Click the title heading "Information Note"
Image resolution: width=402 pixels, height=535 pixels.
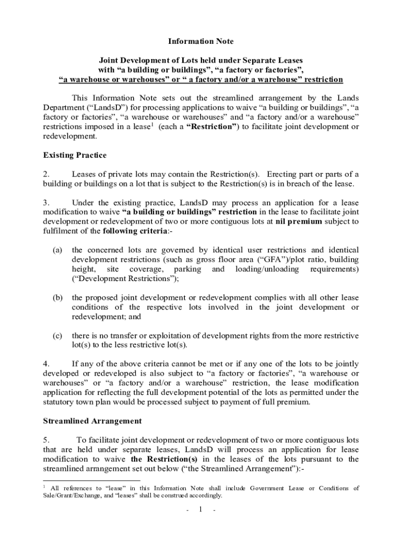[x=200, y=41]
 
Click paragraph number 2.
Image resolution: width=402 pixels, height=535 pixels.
[x=46, y=174]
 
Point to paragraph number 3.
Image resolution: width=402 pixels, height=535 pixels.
[x=46, y=202]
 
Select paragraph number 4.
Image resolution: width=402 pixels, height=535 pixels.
[x=46, y=363]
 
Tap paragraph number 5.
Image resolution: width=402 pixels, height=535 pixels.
[x=46, y=440]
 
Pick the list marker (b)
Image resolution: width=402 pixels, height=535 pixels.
[x=57, y=297]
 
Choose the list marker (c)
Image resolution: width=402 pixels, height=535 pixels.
[x=57, y=335]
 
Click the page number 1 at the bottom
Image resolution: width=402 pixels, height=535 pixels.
[x=200, y=509]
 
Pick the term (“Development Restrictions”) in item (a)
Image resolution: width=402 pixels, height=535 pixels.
[x=125, y=278]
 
